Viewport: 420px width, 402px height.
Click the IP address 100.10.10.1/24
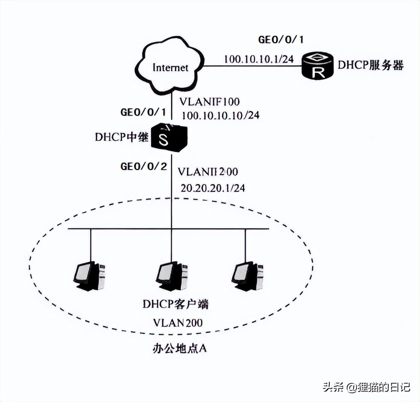258,59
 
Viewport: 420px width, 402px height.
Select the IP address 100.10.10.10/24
220,115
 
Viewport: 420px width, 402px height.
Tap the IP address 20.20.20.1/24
213,188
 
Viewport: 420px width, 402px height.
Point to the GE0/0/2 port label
144,167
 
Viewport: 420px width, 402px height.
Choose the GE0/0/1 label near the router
281,40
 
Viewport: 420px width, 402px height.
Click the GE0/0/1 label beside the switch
143,112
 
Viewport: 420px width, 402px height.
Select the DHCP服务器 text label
371,65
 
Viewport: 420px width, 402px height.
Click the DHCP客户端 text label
175,304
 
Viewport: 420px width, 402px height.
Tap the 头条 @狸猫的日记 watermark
366,387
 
